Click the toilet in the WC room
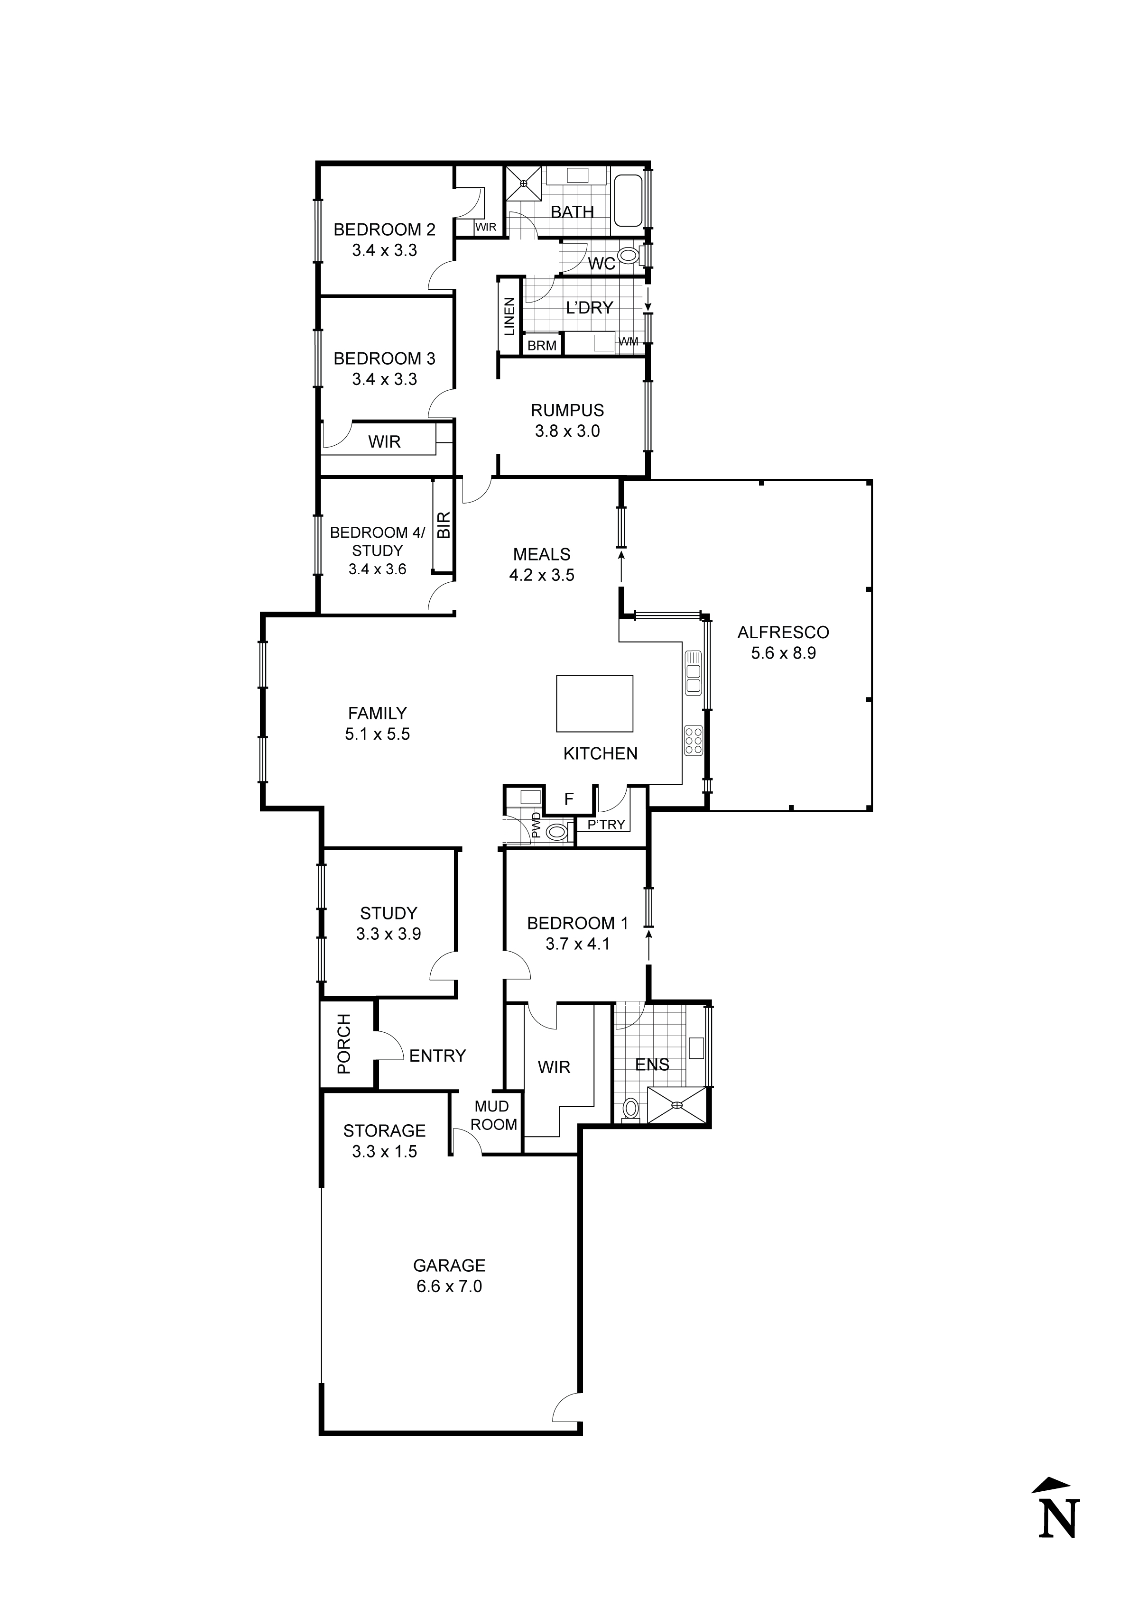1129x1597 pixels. tap(629, 256)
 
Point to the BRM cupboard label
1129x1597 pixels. tap(542, 345)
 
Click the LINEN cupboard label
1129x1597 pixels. tap(509, 316)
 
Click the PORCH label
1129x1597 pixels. tap(344, 1053)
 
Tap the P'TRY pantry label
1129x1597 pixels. tap(606, 825)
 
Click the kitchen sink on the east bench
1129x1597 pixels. tap(693, 672)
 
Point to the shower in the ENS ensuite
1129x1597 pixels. tap(676, 1105)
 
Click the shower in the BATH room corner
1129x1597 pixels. tap(523, 183)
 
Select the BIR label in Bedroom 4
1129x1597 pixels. tap(444, 525)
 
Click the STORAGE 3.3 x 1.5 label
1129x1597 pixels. tap(384, 1141)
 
